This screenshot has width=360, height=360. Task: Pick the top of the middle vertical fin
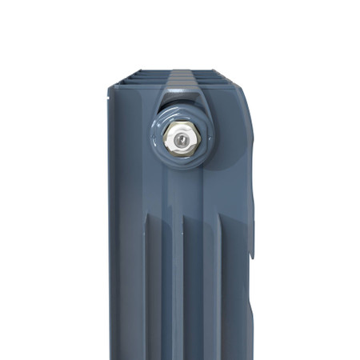click(186, 216)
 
